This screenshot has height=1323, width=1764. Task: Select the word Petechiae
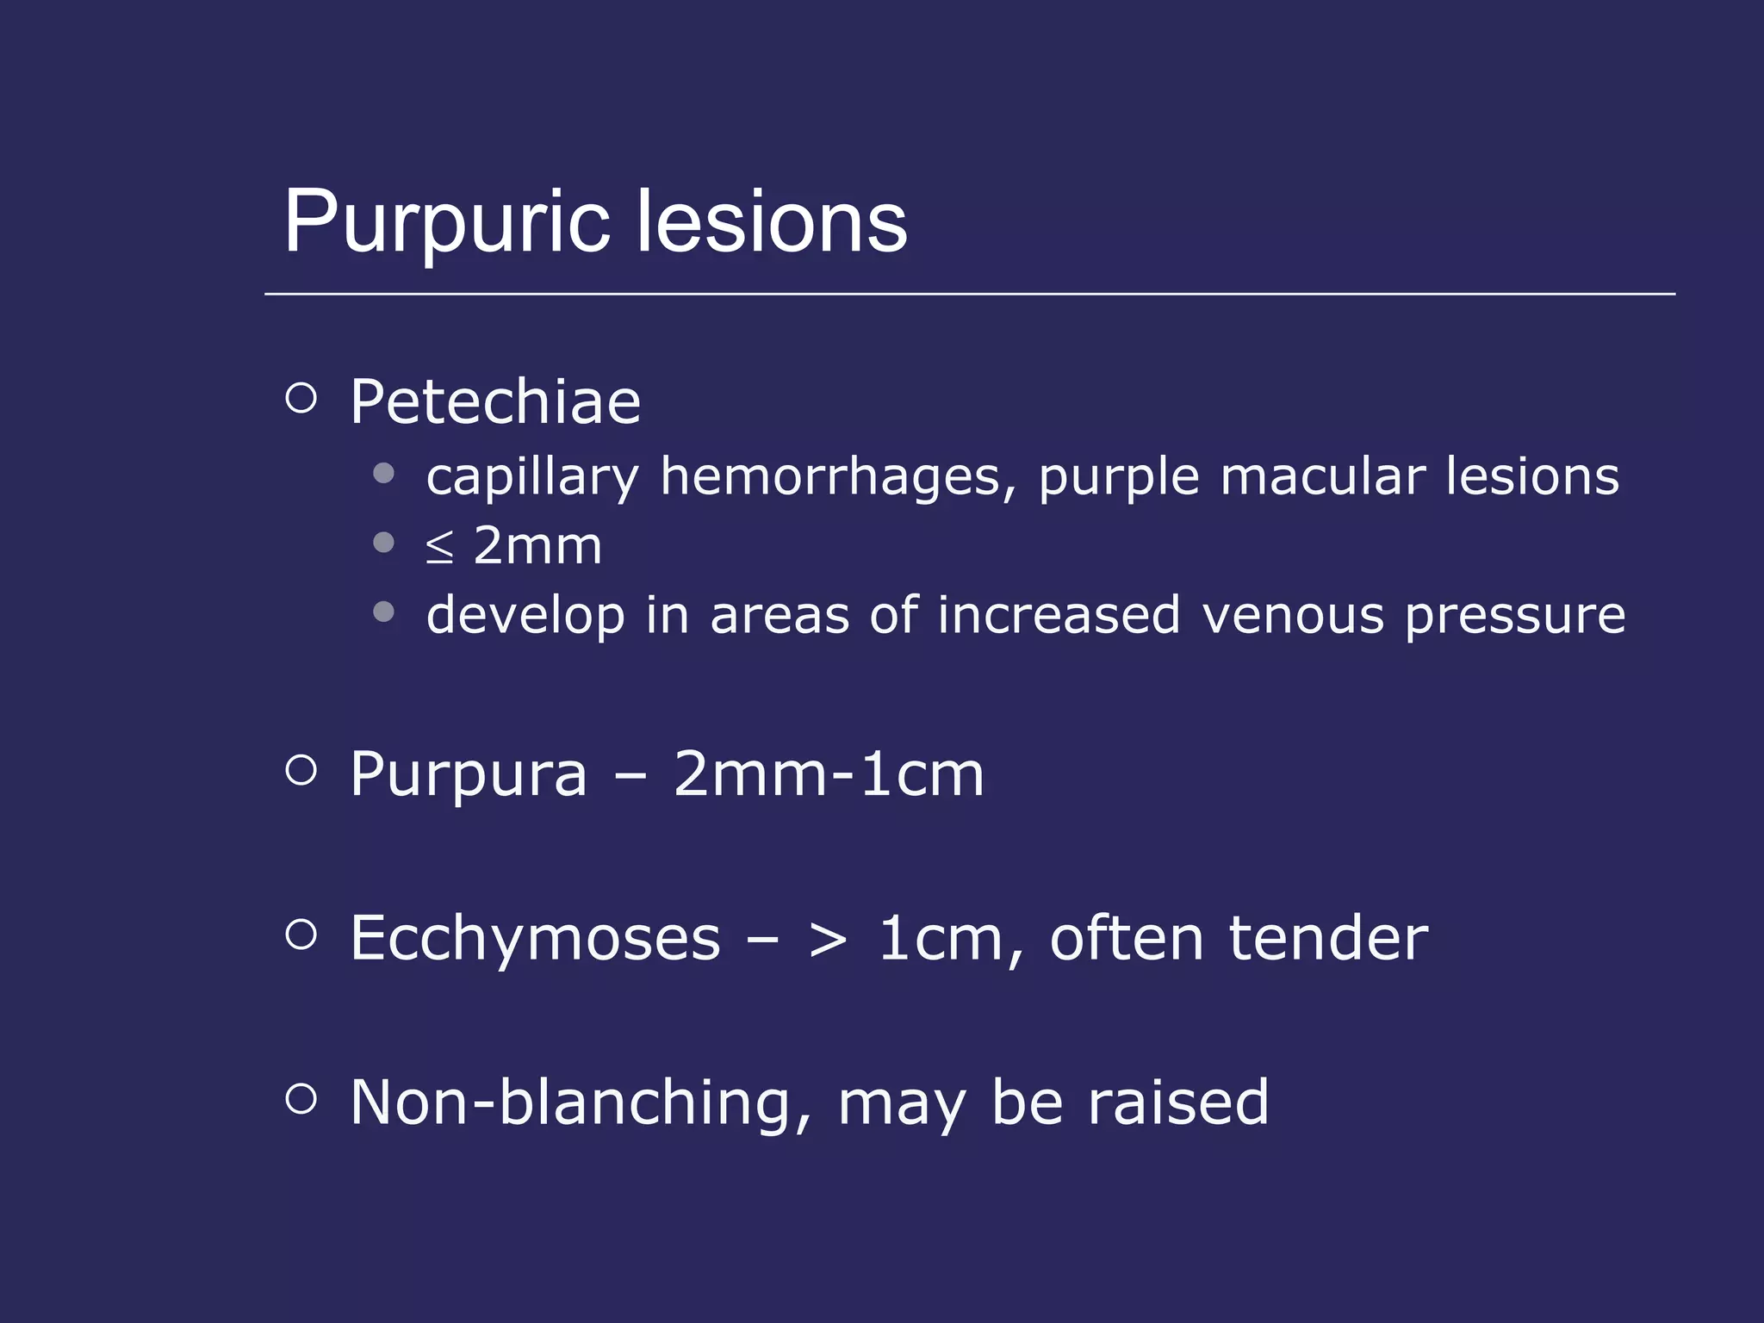click(x=495, y=402)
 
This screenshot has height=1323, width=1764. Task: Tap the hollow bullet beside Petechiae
click(x=301, y=398)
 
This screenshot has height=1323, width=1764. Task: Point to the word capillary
click(x=532, y=477)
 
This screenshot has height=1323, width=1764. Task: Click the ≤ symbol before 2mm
click(x=439, y=547)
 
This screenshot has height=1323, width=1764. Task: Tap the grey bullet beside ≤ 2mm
click(x=384, y=543)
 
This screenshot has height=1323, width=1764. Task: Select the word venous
click(x=1293, y=616)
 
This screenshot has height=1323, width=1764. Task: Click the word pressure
click(x=1515, y=617)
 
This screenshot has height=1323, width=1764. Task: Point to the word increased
click(x=1059, y=615)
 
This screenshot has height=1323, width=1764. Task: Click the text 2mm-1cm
click(x=829, y=774)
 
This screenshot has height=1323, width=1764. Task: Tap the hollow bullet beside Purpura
click(x=301, y=769)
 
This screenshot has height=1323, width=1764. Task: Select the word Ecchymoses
click(x=535, y=938)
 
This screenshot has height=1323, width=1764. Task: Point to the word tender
click(x=1328, y=938)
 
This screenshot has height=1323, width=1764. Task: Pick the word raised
click(x=1178, y=1102)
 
